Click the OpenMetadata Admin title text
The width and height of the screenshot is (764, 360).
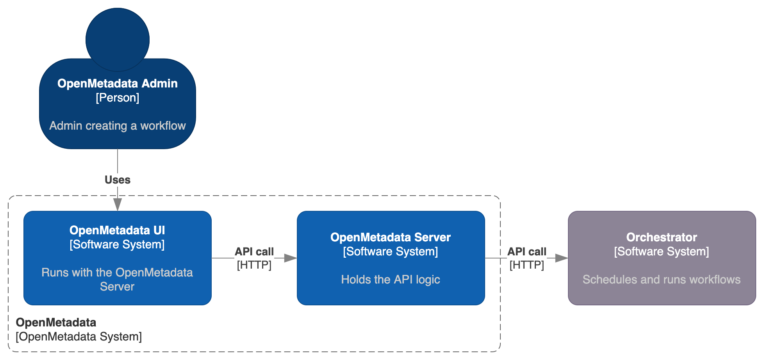(117, 84)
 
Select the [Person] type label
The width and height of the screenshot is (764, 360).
(117, 98)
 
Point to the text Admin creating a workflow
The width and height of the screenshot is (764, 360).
(117, 126)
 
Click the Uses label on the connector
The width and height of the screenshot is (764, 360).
(117, 180)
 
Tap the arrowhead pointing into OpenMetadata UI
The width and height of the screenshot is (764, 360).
(117, 204)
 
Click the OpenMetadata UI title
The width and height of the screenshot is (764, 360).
(117, 230)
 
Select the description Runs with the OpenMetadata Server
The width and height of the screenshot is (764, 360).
(117, 279)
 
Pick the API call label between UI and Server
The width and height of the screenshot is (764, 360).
(254, 251)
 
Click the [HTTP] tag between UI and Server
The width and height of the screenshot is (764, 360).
(254, 265)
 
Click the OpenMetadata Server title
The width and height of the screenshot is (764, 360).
(390, 237)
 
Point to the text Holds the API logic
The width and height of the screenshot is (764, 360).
(390, 280)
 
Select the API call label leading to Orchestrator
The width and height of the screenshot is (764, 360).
(527, 251)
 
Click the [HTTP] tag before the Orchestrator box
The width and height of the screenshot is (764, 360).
(527, 265)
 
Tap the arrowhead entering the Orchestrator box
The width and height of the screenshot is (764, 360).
(561, 258)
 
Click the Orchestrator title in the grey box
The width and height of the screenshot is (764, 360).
(661, 237)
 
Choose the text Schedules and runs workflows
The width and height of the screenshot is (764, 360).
(661, 280)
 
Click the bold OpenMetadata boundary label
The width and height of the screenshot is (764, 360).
(56, 323)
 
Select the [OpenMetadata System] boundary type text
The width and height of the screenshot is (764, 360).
(79, 337)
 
